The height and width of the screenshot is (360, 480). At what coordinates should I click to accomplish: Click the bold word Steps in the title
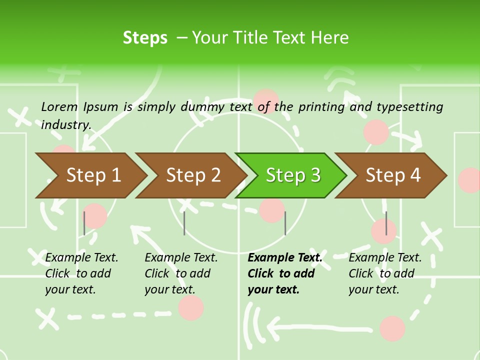[x=145, y=37]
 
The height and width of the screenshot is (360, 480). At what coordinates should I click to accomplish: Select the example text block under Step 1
[x=81, y=273]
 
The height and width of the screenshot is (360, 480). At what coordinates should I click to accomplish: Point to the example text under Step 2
[x=180, y=273]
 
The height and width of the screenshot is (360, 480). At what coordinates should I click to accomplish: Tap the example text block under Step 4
[x=384, y=273]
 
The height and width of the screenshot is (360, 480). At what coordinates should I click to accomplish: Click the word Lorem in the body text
[x=59, y=106]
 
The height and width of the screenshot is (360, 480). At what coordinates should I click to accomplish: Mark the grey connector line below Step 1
[x=84, y=223]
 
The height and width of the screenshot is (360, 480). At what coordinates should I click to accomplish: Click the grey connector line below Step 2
[x=184, y=223]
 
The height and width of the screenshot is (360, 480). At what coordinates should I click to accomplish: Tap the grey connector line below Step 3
[x=285, y=223]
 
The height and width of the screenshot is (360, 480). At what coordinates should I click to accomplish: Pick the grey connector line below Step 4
[x=386, y=223]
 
